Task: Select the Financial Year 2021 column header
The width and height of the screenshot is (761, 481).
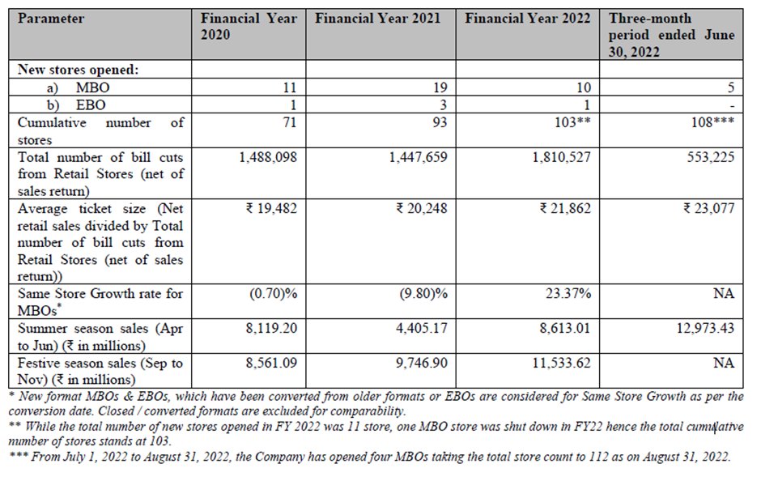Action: [x=379, y=18]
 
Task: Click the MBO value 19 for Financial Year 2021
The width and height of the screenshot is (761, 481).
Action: [x=440, y=87]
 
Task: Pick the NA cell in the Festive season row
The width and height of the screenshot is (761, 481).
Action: [x=725, y=364]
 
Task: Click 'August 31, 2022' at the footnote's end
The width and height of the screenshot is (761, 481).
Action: [x=683, y=457]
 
